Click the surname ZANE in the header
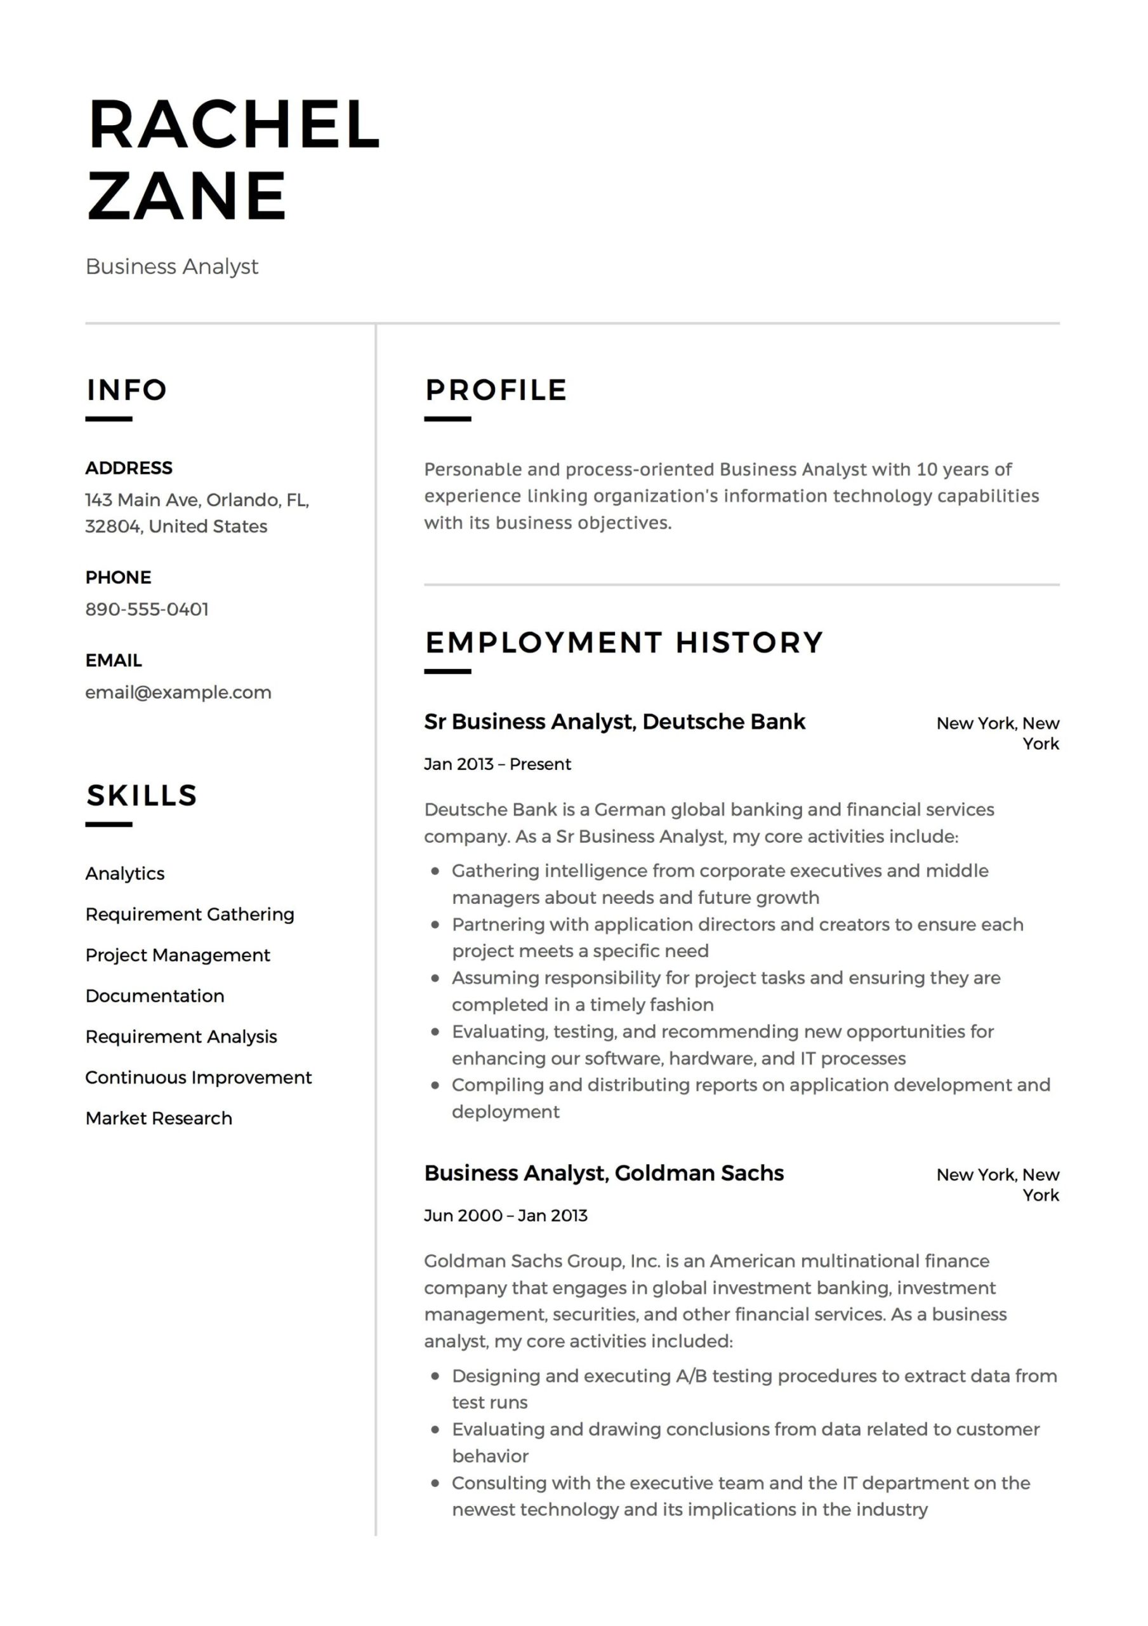click(x=187, y=196)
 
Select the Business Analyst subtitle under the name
click(x=171, y=267)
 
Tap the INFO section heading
click(x=127, y=390)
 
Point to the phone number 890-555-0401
click(x=147, y=609)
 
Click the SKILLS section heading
click(x=142, y=795)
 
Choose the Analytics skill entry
click(x=124, y=874)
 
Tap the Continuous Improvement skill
click(x=198, y=1078)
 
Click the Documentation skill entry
click(x=154, y=997)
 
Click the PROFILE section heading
click(x=496, y=390)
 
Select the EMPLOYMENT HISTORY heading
click(x=624, y=642)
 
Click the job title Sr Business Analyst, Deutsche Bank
click(x=614, y=722)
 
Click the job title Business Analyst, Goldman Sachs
click(x=604, y=1174)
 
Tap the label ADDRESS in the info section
click(x=129, y=468)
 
